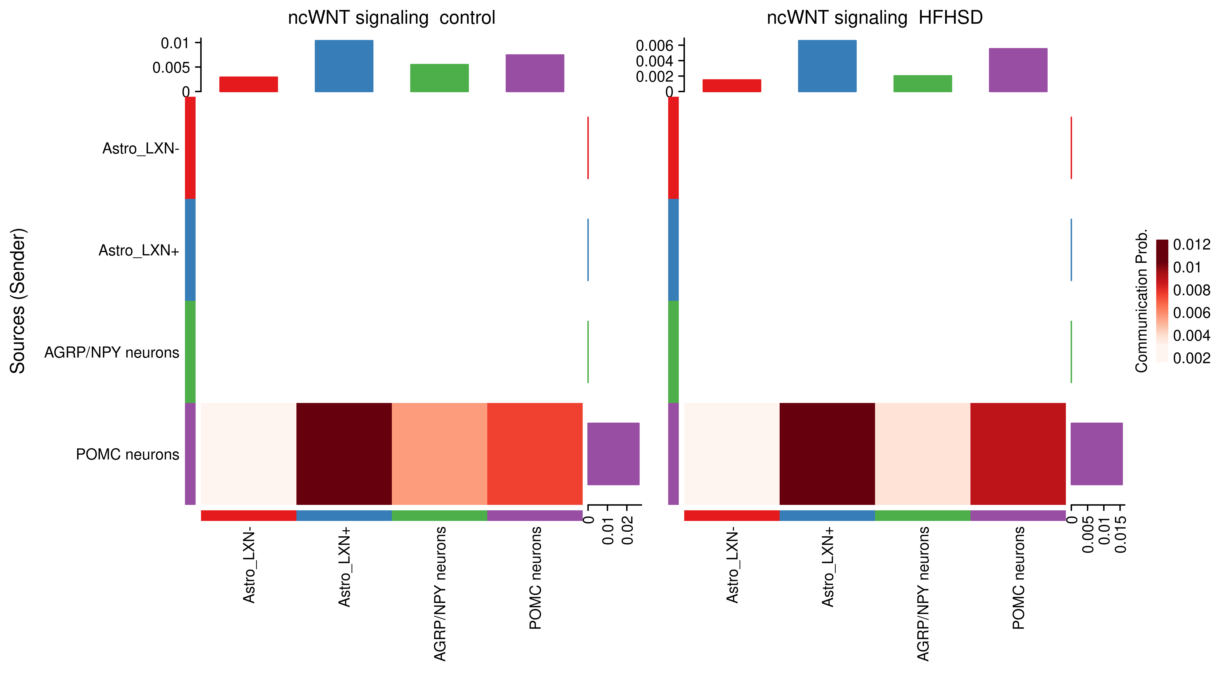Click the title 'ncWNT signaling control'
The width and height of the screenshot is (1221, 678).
click(392, 18)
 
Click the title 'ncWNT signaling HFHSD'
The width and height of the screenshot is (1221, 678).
click(875, 18)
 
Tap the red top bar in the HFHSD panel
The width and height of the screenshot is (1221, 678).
click(731, 86)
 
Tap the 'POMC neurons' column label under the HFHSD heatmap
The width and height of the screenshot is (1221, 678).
click(1018, 578)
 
